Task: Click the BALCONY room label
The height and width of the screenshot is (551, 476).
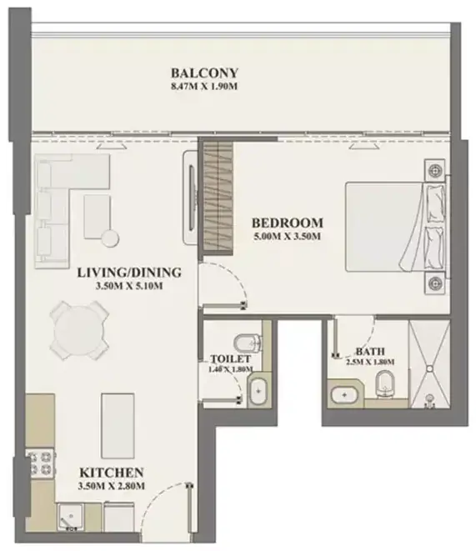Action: point(204,73)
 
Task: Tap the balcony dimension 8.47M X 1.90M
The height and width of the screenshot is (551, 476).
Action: point(204,87)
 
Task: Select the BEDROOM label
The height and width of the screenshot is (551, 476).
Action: point(288,223)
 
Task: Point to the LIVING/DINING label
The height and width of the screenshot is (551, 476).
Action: point(129,273)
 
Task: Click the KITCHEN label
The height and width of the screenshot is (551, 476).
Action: point(112,473)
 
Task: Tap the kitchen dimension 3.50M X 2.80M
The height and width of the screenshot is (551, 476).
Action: point(112,486)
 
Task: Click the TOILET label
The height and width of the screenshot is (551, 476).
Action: point(230,358)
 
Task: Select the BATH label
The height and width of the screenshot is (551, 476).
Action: point(370,351)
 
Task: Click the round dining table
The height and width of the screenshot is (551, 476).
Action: point(79,331)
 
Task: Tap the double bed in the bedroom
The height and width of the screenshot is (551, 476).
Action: point(396,227)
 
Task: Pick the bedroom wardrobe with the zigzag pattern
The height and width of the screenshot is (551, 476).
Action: point(218,195)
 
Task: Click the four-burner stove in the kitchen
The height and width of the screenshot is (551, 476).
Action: point(40,463)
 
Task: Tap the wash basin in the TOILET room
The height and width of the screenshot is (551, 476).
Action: point(258,391)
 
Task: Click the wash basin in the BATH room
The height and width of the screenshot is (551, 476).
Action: point(344,395)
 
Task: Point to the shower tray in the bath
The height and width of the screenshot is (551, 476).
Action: point(429,364)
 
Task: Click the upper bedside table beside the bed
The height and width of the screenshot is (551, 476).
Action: point(435,170)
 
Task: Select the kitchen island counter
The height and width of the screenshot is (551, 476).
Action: point(118,426)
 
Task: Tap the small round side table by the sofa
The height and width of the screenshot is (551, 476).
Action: point(110,238)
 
